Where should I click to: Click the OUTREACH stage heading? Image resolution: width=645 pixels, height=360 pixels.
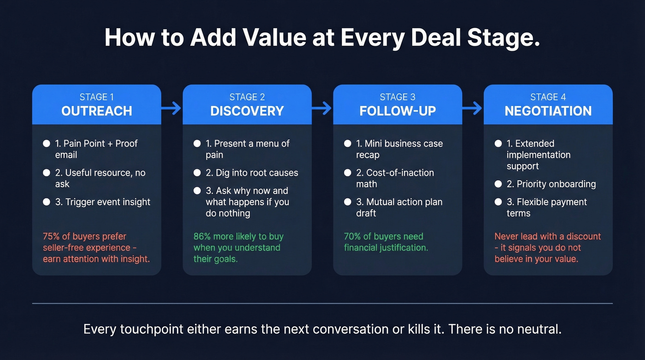[x=97, y=111]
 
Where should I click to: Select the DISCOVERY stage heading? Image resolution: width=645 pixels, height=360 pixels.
[x=247, y=111]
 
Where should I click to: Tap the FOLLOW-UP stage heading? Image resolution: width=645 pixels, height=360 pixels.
[x=398, y=111]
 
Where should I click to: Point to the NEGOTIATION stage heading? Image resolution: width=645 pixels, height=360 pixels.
[x=548, y=111]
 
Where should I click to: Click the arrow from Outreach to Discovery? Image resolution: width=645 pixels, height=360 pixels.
[x=171, y=109]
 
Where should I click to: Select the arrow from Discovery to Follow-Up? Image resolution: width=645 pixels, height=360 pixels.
[x=322, y=109]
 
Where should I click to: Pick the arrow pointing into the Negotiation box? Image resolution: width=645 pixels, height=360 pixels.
[x=472, y=109]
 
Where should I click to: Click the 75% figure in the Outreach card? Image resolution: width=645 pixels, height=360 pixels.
[x=52, y=236]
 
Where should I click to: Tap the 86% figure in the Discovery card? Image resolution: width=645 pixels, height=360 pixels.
[x=203, y=236]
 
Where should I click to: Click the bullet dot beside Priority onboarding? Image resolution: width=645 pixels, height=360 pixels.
[x=498, y=184]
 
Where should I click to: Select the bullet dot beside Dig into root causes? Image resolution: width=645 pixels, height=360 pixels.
[x=197, y=173]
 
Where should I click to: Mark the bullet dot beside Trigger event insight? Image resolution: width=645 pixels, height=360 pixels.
[x=47, y=202]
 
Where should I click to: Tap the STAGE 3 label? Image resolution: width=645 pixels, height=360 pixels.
[x=398, y=97]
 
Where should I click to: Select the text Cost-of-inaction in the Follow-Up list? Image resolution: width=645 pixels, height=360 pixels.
[x=400, y=173]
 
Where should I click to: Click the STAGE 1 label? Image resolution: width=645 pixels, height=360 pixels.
[x=97, y=97]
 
